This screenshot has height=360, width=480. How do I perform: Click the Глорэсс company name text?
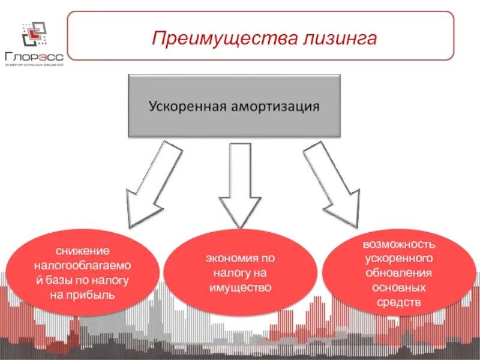34,57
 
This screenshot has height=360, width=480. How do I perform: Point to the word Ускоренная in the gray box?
187,107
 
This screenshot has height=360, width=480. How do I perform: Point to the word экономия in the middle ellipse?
229,259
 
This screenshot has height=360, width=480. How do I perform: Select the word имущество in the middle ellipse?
240,288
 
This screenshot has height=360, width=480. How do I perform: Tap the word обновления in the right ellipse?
399,273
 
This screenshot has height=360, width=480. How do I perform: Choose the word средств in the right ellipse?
399,302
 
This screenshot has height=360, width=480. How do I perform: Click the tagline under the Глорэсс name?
34,65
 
